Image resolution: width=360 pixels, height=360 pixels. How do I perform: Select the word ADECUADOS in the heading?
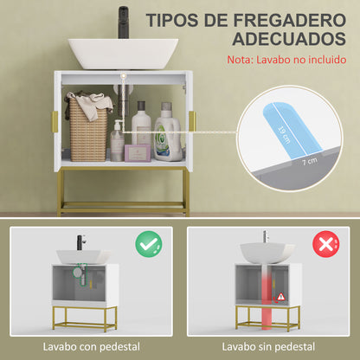point(277,41)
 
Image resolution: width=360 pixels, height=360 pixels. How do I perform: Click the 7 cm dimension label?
point(308,162)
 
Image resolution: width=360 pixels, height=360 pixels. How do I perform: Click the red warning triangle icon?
point(280,298)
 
